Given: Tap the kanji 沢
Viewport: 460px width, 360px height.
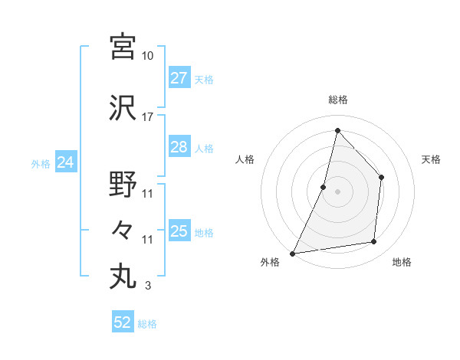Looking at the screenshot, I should pyautogui.click(x=123, y=108).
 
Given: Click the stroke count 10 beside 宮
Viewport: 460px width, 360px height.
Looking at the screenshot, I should pyautogui.click(x=148, y=56).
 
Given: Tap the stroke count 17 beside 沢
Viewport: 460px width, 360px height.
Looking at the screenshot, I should pyautogui.click(x=148, y=117).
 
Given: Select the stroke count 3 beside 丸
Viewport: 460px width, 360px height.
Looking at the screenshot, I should pyautogui.click(x=147, y=286).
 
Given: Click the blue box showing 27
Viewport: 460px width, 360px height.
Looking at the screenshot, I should pyautogui.click(x=179, y=78).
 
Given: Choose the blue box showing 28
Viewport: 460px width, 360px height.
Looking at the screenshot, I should pyautogui.click(x=179, y=147).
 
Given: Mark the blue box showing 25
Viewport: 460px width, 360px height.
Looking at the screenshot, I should pyautogui.click(x=179, y=231).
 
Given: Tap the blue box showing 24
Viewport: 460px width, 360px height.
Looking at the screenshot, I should pyautogui.click(x=66, y=162).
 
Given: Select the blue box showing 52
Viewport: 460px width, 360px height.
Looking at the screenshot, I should pyautogui.click(x=123, y=322).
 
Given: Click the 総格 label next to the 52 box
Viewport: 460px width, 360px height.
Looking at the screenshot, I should pyautogui.click(x=147, y=324).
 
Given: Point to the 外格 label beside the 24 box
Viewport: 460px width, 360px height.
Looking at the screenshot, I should pyautogui.click(x=41, y=163).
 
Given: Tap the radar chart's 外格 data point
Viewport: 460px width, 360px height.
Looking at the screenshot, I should pyautogui.click(x=293, y=253).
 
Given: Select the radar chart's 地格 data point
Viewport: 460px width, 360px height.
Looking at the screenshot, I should pyautogui.click(x=374, y=242).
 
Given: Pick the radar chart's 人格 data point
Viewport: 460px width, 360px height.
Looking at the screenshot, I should pyautogui.click(x=324, y=187).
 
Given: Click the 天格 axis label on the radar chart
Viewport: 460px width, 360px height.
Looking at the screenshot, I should pyautogui.click(x=432, y=159).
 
